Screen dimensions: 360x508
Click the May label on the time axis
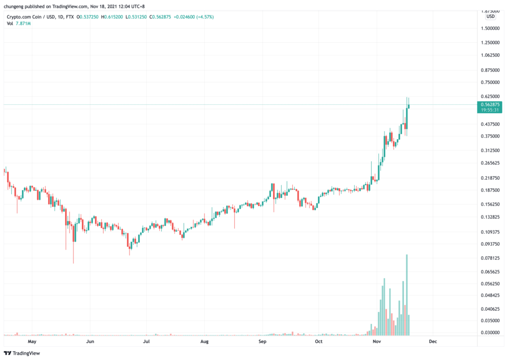[32, 342]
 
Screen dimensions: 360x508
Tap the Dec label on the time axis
[433, 342]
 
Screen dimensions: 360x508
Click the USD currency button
[490, 16]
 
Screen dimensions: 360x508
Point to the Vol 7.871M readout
[19, 23]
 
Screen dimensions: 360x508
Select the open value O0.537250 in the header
[85, 16]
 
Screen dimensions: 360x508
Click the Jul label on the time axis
[146, 342]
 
